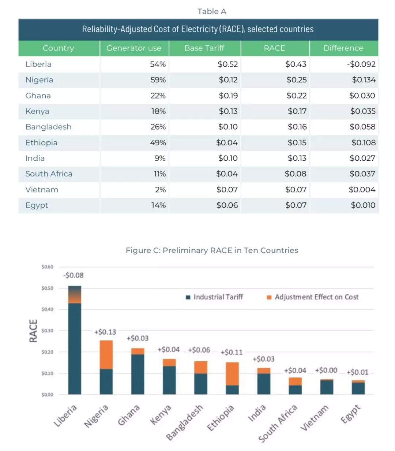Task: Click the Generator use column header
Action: coord(134,48)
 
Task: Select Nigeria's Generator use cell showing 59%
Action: coord(158,80)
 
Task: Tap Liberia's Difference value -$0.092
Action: coord(361,64)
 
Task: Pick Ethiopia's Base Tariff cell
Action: coord(227,142)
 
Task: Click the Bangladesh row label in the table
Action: coord(48,127)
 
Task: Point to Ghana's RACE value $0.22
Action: coord(296,96)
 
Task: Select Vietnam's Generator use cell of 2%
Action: coord(160,190)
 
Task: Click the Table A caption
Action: coord(212,11)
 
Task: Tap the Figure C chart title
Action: coord(212,250)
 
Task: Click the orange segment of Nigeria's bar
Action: coord(106,354)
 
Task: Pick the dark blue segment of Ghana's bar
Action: coord(138,374)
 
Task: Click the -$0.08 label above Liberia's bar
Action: coord(73,275)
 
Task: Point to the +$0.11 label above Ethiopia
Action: coord(232,352)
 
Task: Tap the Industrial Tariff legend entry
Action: coord(214,297)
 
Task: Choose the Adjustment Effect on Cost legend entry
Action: coord(313,297)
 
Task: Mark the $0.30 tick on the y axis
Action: coord(47,331)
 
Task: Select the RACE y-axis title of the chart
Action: coord(33,331)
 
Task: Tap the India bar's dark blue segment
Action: coord(264,384)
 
